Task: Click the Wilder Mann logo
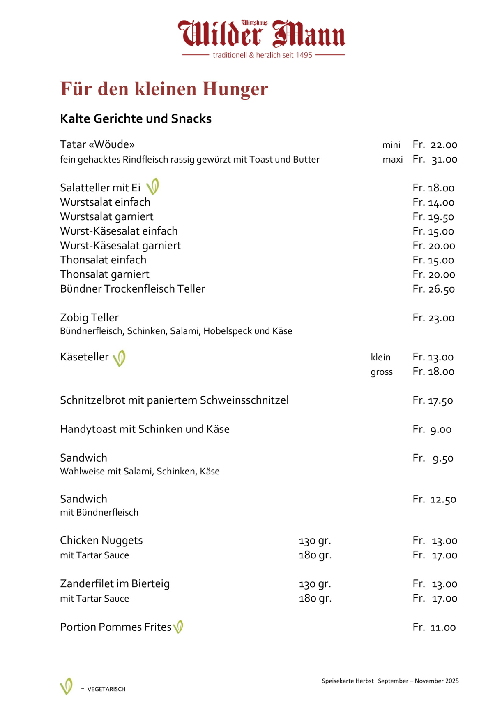click(262, 34)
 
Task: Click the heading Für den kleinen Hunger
click(164, 89)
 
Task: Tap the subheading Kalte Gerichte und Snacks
click(136, 118)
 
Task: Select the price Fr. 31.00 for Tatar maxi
click(435, 160)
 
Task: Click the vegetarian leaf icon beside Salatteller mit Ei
click(153, 187)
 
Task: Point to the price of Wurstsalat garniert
click(433, 217)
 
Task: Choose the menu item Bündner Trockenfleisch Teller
click(132, 289)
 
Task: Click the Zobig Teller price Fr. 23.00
click(433, 318)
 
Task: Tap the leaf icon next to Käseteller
click(119, 358)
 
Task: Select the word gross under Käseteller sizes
click(382, 372)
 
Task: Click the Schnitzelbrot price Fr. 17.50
click(433, 400)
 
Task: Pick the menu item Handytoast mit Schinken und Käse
click(145, 429)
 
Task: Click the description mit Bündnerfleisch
click(99, 512)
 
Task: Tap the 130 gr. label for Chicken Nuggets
click(315, 541)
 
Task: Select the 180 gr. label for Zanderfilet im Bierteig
click(315, 598)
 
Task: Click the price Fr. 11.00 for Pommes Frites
click(434, 627)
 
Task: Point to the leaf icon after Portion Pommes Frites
click(178, 627)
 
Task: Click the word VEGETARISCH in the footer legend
click(106, 689)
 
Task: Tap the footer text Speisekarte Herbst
click(348, 681)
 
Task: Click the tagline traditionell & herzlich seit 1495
click(263, 55)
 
